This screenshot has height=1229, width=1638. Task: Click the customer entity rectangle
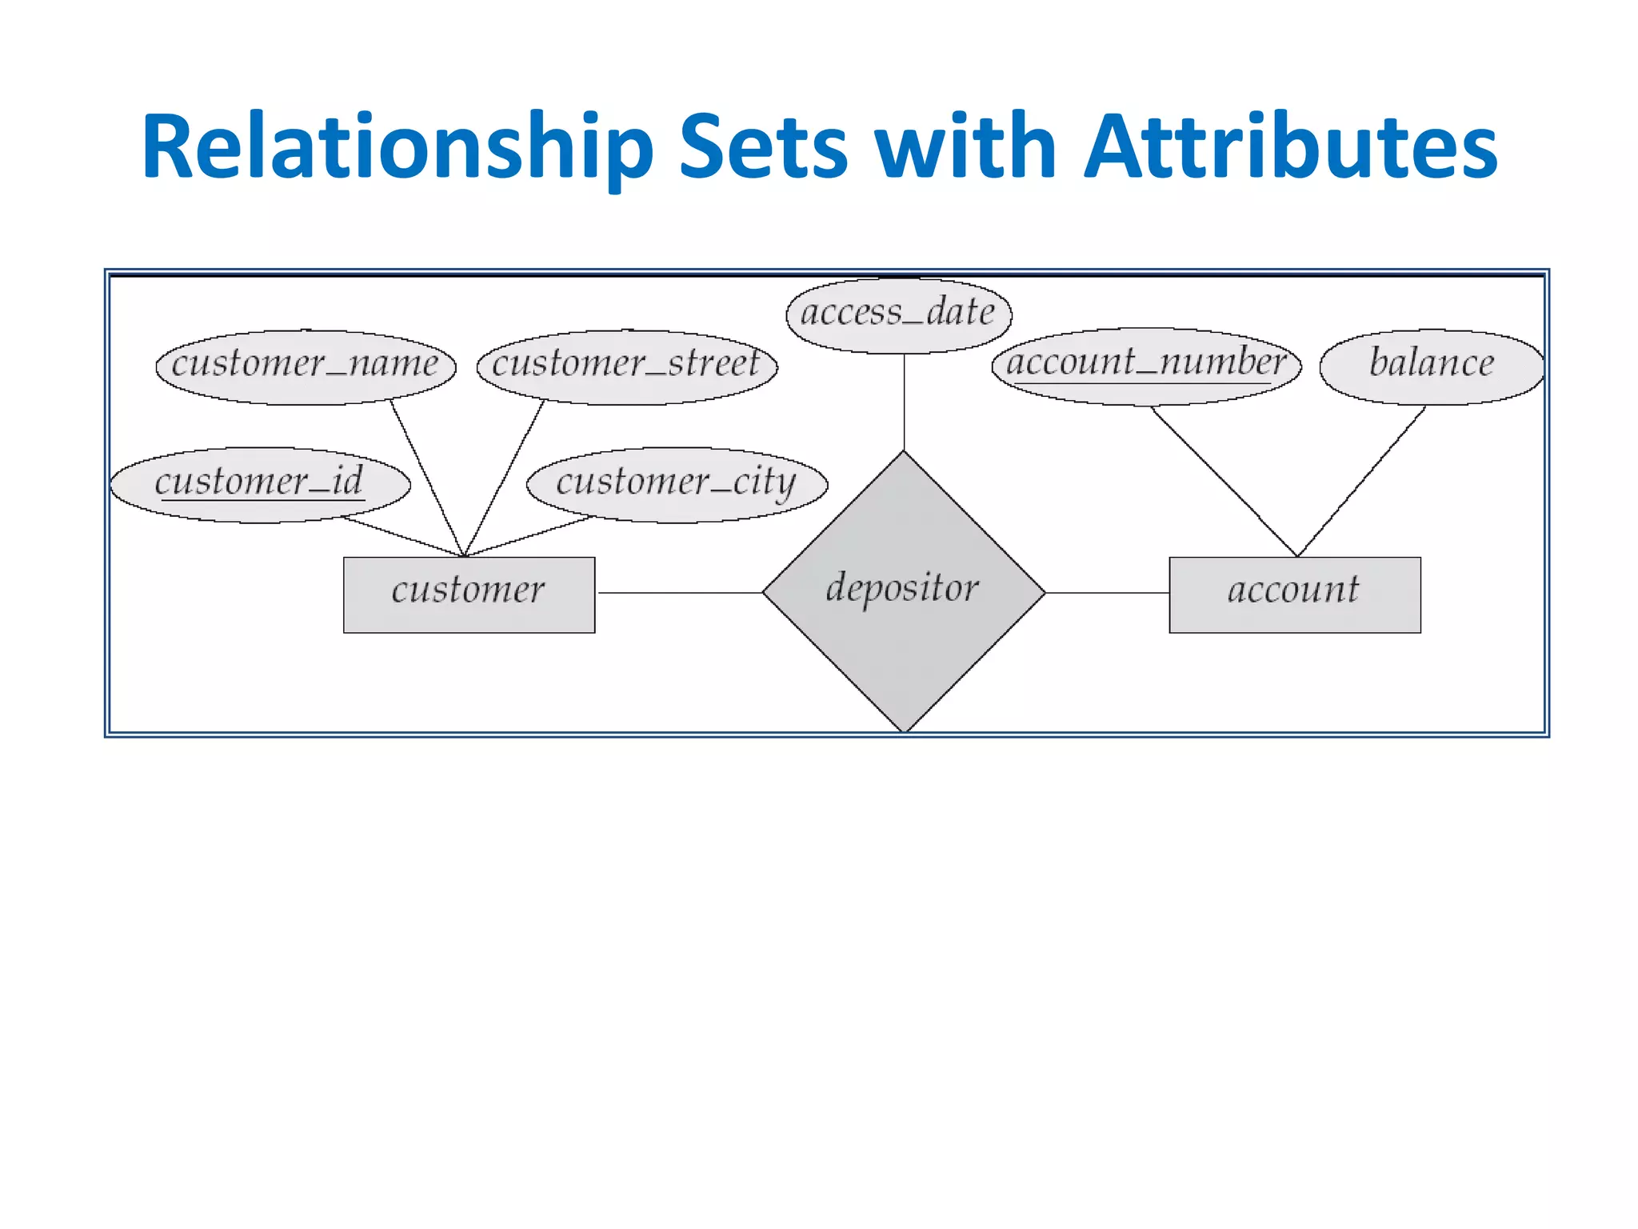coord(469,594)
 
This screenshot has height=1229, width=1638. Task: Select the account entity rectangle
coord(1294,594)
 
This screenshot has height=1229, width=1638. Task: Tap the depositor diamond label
coord(902,588)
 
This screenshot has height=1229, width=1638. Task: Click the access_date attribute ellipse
coord(898,314)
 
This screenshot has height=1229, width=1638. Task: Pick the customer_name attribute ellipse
coord(306,366)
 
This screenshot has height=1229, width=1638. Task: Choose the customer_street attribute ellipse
coord(626,366)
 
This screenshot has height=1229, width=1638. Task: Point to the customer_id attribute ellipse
coord(260,484)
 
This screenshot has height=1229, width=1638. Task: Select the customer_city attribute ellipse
coord(677,484)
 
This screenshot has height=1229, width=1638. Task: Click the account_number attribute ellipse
coord(1146,365)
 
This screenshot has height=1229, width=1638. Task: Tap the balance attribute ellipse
coord(1431,366)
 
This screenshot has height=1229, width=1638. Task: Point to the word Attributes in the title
coord(1289,148)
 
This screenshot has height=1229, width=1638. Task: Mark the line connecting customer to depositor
coord(680,593)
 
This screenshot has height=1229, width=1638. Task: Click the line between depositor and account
coord(1107,593)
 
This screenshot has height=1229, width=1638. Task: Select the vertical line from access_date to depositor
coord(904,402)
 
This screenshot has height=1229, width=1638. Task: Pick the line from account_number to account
coord(1224,481)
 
